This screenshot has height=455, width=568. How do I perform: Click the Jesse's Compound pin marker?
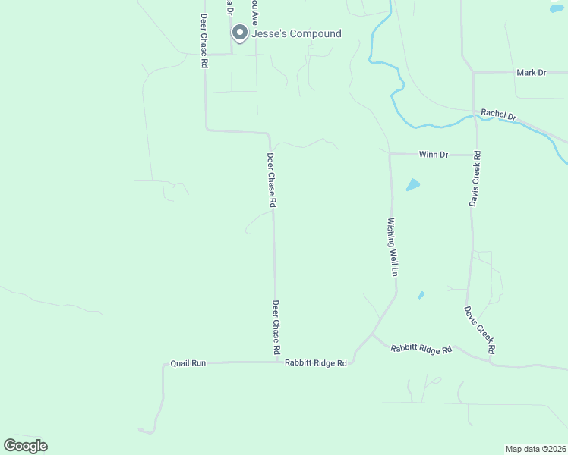coord(240,32)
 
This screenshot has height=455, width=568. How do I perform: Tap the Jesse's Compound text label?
coord(296,34)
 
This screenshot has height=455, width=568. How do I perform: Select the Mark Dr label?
coord(531,73)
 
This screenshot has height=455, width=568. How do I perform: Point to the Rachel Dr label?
coord(499,115)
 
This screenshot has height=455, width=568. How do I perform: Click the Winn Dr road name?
coord(434,154)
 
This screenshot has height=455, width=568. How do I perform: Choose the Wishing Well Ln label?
coord(393,247)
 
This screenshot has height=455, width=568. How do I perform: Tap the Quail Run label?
coord(188,363)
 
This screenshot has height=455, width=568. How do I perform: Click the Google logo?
coord(26,446)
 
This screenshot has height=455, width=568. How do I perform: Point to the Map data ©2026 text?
coord(535,449)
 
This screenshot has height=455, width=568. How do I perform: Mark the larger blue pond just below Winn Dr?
coord(413,184)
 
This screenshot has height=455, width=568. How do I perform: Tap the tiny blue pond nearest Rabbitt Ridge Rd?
coord(421,295)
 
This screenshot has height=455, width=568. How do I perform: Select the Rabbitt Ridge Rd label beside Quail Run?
coord(315,363)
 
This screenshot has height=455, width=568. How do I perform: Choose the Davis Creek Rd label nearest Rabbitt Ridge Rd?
coord(480,330)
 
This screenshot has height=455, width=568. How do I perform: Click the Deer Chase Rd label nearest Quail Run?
coord(276,328)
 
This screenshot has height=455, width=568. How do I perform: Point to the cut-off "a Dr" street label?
coord(230,10)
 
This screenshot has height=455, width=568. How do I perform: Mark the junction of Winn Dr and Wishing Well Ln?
coord(390,154)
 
